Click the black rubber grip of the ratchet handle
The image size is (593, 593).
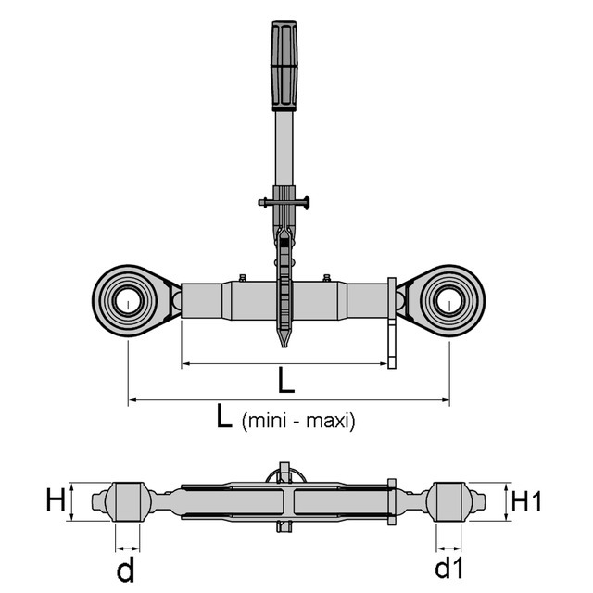(284, 66)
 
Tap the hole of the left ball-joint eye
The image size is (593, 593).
(129, 301)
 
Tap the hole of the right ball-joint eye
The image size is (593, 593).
(448, 301)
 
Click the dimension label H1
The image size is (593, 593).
(526, 501)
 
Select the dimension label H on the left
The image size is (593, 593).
(56, 500)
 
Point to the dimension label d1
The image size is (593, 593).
(449, 568)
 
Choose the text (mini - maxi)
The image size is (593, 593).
(298, 421)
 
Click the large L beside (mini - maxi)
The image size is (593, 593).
(224, 416)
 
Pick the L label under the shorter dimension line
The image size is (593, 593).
(286, 380)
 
